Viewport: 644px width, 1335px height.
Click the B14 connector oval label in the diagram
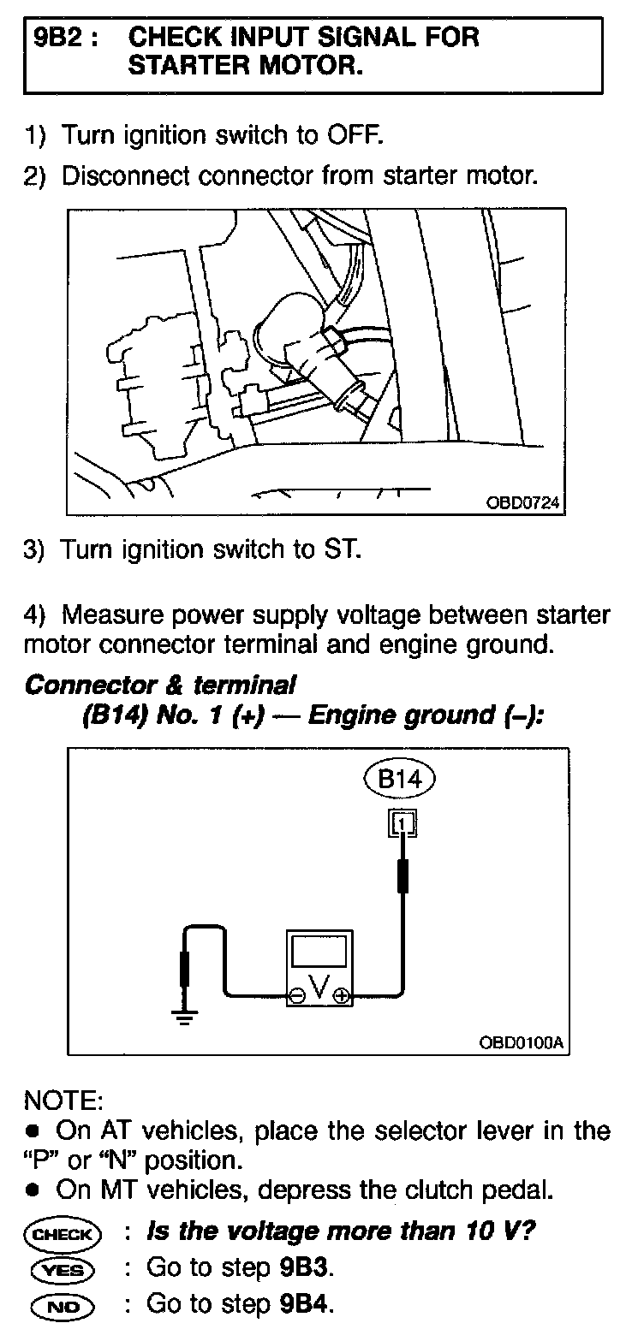tap(400, 779)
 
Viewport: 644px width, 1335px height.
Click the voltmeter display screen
tap(319, 952)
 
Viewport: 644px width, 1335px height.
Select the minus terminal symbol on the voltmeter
tap(296, 995)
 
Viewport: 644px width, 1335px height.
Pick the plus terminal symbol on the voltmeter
tap(341, 995)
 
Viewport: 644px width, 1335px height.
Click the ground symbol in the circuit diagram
tap(183, 1016)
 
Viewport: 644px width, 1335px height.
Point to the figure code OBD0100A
tap(523, 1043)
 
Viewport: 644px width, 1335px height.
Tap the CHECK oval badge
tap(64, 1234)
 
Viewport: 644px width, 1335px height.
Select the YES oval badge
tap(64, 1269)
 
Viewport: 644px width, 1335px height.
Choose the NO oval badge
tap(64, 1305)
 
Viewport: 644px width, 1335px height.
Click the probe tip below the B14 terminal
tap(402, 877)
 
